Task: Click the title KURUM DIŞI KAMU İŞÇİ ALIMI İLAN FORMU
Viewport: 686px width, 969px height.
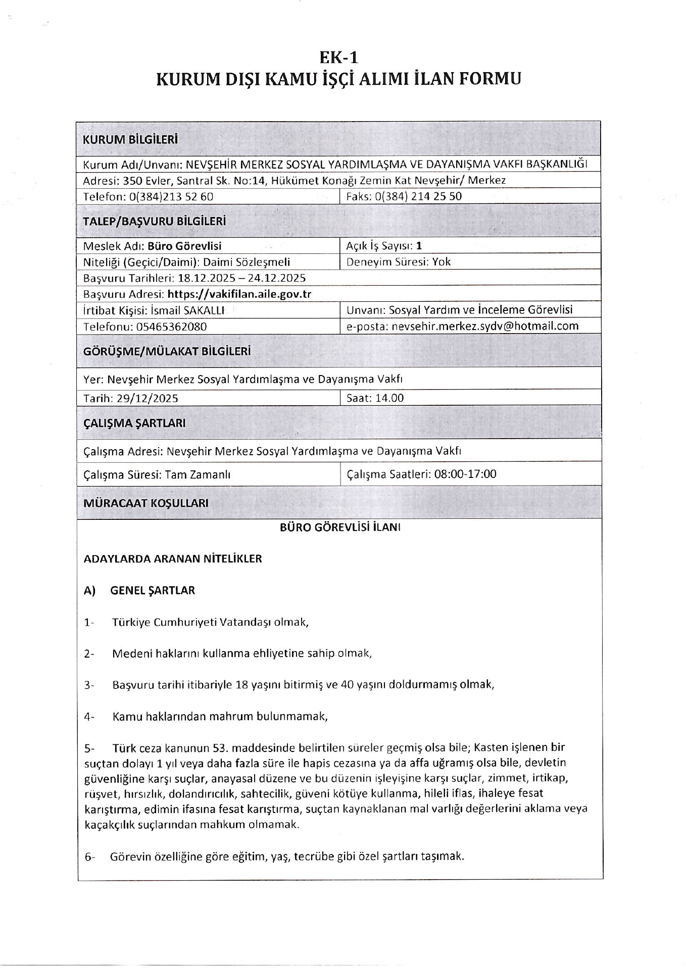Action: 338,79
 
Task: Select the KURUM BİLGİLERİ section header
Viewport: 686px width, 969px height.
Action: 130,140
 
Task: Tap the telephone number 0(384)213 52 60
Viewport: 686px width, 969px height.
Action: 171,197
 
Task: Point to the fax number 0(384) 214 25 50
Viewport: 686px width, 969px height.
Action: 419,196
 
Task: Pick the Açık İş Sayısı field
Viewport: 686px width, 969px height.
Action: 384,246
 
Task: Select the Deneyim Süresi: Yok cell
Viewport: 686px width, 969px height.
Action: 399,262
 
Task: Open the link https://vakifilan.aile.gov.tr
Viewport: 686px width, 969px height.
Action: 239,294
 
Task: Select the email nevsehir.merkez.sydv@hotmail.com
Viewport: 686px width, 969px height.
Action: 485,326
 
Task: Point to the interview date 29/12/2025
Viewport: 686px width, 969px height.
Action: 147,398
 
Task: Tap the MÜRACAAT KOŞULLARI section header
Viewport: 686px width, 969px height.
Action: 145,503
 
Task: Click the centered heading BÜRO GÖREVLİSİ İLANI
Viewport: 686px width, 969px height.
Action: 340,527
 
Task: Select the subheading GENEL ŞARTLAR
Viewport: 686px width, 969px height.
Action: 152,590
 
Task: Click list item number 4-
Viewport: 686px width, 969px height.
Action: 89,717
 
